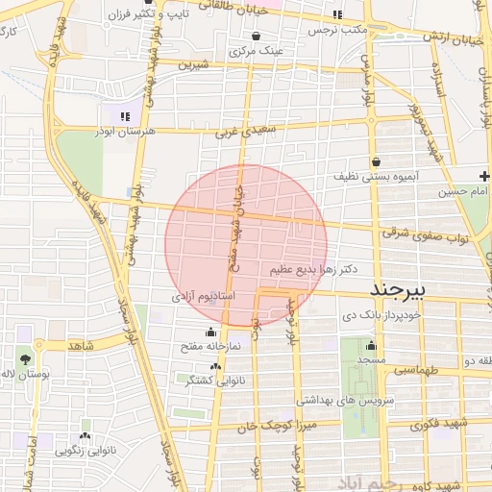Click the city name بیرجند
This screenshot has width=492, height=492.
405,289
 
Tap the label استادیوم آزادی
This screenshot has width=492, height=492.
203,297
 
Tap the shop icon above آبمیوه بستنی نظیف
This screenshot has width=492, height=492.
374,160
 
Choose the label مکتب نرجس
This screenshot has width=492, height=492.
339,30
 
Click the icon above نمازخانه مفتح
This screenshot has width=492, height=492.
210,332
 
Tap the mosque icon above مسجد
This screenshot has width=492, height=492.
371,346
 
